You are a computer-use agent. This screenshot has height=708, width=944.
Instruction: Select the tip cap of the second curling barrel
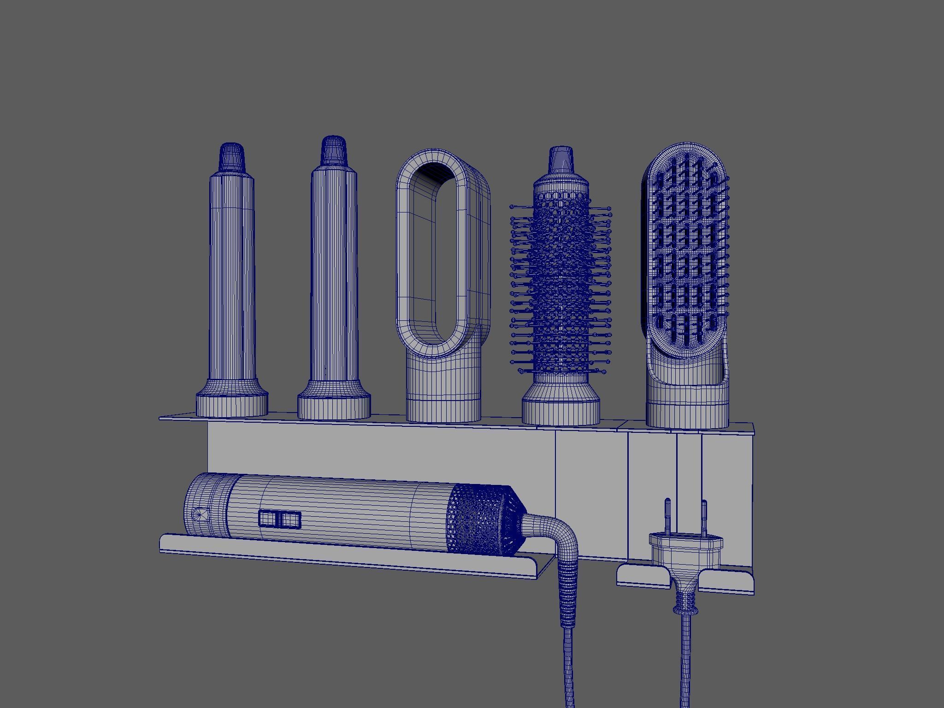point(333,149)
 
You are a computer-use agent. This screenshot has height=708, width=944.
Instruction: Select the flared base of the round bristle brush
point(560,406)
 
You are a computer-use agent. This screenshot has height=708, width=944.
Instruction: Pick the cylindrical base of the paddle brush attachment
point(687,410)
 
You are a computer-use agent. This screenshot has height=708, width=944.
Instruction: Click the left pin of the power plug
point(667,516)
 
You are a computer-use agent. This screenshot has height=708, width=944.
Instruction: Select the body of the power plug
point(685,553)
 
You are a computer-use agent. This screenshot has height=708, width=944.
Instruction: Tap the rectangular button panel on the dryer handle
point(280,519)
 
